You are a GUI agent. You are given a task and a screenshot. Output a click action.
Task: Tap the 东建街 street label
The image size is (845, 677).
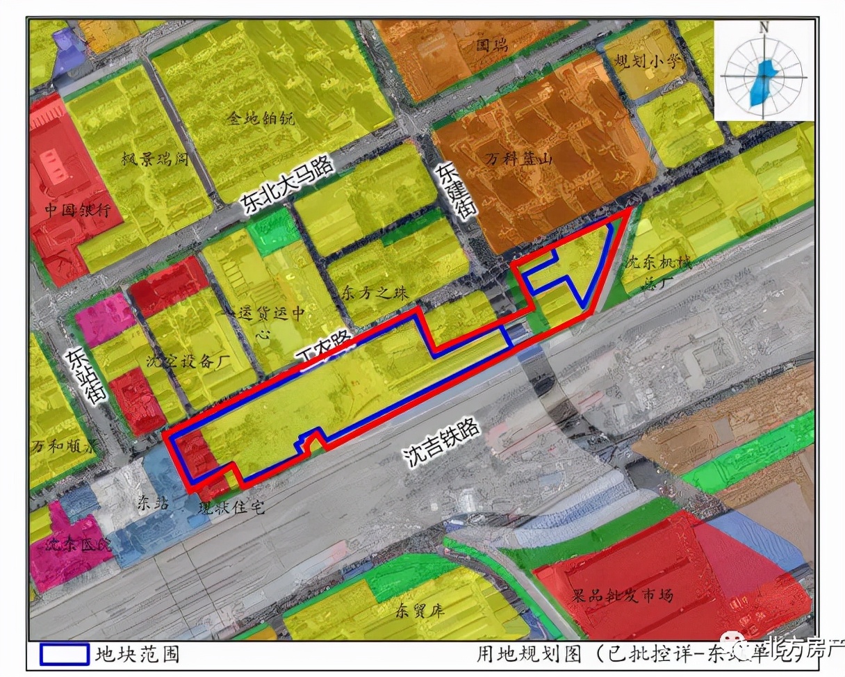452,192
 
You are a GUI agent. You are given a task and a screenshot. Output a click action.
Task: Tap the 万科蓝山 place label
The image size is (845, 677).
518,159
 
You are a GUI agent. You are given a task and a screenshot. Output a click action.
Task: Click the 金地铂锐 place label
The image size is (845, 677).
261,119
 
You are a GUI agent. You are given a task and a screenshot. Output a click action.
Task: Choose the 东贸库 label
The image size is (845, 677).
420,612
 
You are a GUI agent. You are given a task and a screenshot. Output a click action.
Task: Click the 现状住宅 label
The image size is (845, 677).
231,508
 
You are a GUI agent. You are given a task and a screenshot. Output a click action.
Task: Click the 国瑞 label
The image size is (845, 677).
492,47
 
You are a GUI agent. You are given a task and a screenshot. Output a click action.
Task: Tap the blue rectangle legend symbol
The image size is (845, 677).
64,654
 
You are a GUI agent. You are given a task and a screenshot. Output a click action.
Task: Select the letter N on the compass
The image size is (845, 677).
764,28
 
